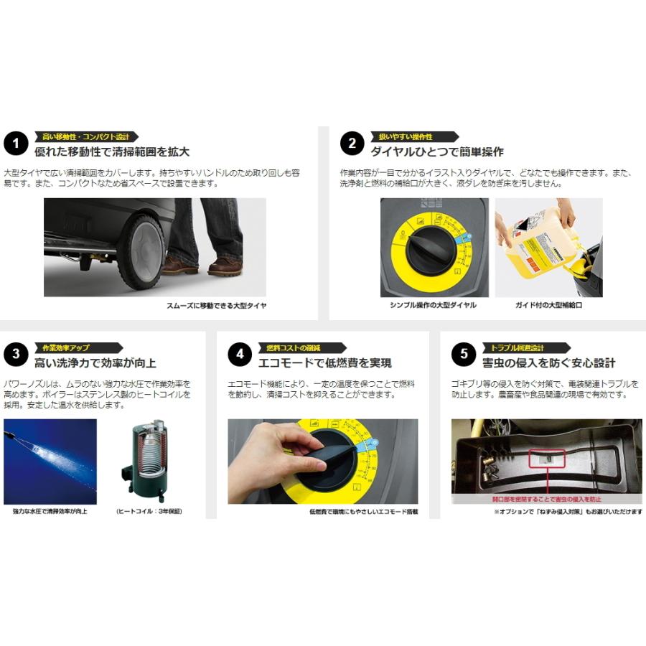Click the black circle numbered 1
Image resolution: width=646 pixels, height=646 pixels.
click(15, 144)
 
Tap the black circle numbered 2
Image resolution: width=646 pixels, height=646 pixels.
click(352, 144)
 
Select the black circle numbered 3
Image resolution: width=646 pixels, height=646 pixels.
click(15, 355)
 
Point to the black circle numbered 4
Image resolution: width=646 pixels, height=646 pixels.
click(240, 355)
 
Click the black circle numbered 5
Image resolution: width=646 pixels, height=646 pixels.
click(464, 355)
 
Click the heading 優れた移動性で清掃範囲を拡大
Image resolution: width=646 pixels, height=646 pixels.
click(112, 152)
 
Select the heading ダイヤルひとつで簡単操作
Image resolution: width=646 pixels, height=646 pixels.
click(436, 152)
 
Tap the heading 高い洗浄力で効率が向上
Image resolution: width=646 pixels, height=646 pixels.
click(95, 362)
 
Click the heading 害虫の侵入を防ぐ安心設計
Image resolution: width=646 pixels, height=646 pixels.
click(548, 362)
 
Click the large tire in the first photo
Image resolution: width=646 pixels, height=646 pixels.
click(141, 252)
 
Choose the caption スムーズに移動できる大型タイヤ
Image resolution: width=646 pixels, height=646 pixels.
click(216, 305)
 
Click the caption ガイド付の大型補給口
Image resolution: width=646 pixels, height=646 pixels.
click(548, 305)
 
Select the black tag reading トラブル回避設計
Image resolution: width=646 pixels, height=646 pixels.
click(514, 347)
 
